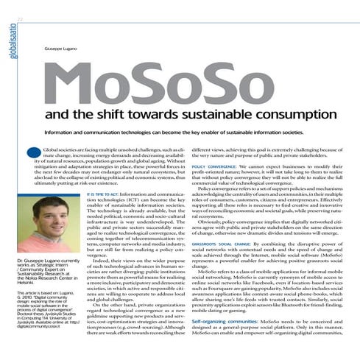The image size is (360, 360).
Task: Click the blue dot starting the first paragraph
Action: pyautogui.click(x=36, y=153)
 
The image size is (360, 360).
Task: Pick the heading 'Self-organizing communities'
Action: pyautogui.click(x=225, y=322)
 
